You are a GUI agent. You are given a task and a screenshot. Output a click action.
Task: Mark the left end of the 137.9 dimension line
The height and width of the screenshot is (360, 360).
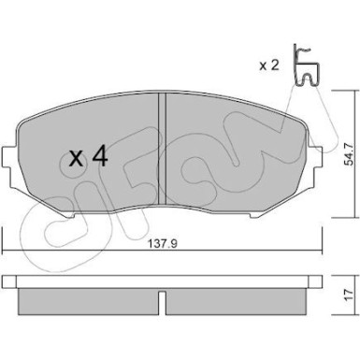click(5, 248)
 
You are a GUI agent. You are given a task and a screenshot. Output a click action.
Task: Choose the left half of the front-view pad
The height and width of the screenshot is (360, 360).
click(89, 178)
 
